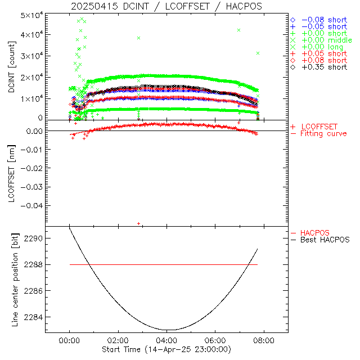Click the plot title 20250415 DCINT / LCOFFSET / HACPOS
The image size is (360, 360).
point(166,6)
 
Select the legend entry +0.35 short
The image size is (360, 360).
point(324,67)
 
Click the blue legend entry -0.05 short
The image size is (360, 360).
point(324,26)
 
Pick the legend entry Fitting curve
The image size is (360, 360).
point(323,133)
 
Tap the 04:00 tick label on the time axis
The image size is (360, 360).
point(166,340)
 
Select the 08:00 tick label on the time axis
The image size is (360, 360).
point(264,340)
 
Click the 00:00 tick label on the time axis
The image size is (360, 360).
point(69,340)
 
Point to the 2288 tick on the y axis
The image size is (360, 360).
point(33,264)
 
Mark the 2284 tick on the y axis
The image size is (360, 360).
point(33,317)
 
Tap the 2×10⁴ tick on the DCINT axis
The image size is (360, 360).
point(31,77)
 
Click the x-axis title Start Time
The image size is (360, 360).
point(166,350)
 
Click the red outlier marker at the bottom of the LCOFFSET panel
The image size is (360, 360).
point(139,224)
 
